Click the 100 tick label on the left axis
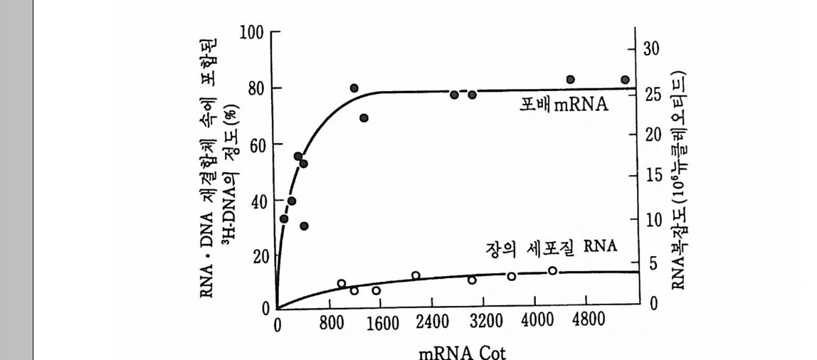[252, 33]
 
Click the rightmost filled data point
[625, 80]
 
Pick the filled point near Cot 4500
[570, 80]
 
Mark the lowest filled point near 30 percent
[304, 226]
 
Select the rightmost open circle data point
[552, 270]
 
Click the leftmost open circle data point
[341, 284]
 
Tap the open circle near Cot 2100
[416, 275]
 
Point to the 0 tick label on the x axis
[278, 324]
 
